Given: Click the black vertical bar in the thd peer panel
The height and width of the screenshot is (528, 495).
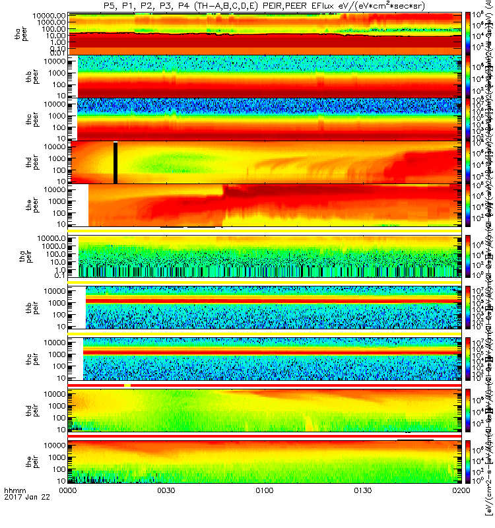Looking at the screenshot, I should [x=115, y=162].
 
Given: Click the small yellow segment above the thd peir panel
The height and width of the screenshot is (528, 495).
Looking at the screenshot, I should [x=109, y=385].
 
